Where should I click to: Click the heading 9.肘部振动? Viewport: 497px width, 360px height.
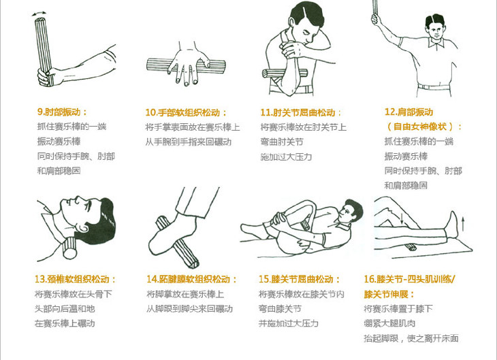(62, 112)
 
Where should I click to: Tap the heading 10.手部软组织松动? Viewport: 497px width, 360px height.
(186, 112)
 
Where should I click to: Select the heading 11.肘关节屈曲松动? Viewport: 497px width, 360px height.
(301, 112)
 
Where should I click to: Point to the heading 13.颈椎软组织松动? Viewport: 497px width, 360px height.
(75, 279)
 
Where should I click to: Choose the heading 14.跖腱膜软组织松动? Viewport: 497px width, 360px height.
(191, 279)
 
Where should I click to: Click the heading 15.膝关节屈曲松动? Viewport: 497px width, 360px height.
(299, 279)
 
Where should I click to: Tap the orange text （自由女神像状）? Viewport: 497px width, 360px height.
(423, 127)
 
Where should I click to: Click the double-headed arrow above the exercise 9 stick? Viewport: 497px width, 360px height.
(39, 14)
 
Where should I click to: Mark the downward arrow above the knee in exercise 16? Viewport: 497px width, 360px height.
(402, 218)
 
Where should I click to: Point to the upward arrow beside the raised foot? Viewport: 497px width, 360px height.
(463, 223)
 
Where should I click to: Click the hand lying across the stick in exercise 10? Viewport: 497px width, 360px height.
(189, 65)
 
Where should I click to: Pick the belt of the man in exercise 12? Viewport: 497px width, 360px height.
(434, 87)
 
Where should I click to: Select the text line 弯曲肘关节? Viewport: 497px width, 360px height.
(282, 142)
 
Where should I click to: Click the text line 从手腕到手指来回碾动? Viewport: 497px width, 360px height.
(189, 142)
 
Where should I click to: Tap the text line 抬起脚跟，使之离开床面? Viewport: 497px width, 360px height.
(411, 338)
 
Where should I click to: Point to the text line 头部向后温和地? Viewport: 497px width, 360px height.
(65, 309)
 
